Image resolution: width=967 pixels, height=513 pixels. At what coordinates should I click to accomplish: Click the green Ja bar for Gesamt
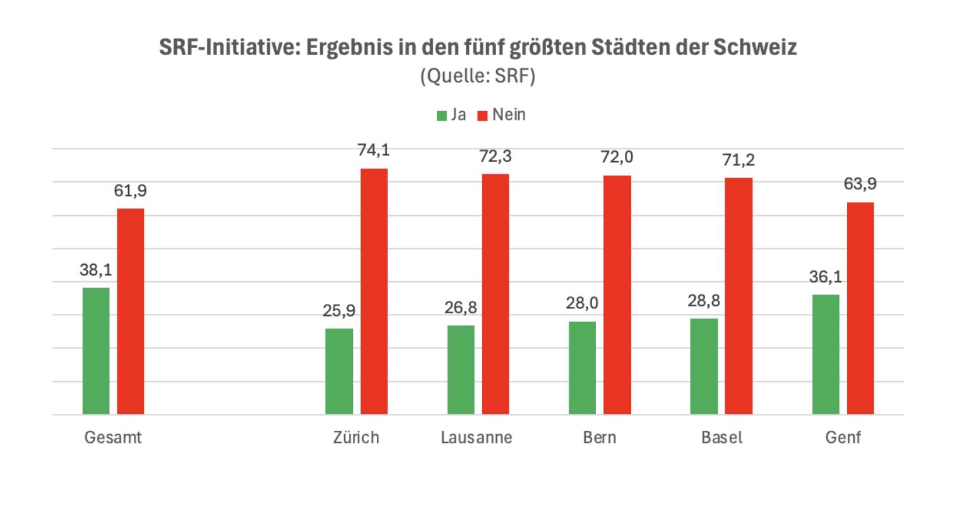coord(96,351)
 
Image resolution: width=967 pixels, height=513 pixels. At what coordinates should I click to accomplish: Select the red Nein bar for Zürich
coord(374,291)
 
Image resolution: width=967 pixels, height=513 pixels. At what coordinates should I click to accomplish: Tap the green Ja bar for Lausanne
coord(461,370)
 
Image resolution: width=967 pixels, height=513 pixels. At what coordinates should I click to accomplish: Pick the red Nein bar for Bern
coord(617,295)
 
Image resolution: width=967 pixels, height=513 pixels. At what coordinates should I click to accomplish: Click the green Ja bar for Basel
coord(704,366)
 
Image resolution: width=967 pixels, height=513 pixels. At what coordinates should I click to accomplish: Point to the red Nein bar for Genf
coord(860,308)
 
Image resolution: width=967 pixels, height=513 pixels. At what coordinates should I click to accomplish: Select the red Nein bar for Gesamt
coord(131,311)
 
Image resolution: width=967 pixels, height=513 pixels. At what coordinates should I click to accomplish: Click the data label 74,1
coord(374,150)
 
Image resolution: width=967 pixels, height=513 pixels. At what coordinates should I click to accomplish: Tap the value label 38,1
coord(96,270)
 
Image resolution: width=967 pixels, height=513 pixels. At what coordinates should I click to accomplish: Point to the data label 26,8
coord(461,308)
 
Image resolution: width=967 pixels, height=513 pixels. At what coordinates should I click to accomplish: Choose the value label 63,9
coord(860,184)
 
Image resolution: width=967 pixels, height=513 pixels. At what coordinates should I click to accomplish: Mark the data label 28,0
coord(582,304)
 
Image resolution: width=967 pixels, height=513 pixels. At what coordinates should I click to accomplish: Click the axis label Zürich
coord(357,437)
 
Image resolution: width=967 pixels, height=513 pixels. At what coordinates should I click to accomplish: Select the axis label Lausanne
coord(477,437)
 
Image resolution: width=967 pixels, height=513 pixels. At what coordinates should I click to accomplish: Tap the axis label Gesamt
coord(113,437)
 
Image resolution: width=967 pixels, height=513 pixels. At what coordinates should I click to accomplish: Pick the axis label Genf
coord(843,437)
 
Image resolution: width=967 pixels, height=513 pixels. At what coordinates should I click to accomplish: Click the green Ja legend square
coord(442,116)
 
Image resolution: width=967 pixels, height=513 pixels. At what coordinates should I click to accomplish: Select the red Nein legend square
coord(483,116)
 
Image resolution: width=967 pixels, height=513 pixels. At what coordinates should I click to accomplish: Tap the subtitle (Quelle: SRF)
coord(477,76)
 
